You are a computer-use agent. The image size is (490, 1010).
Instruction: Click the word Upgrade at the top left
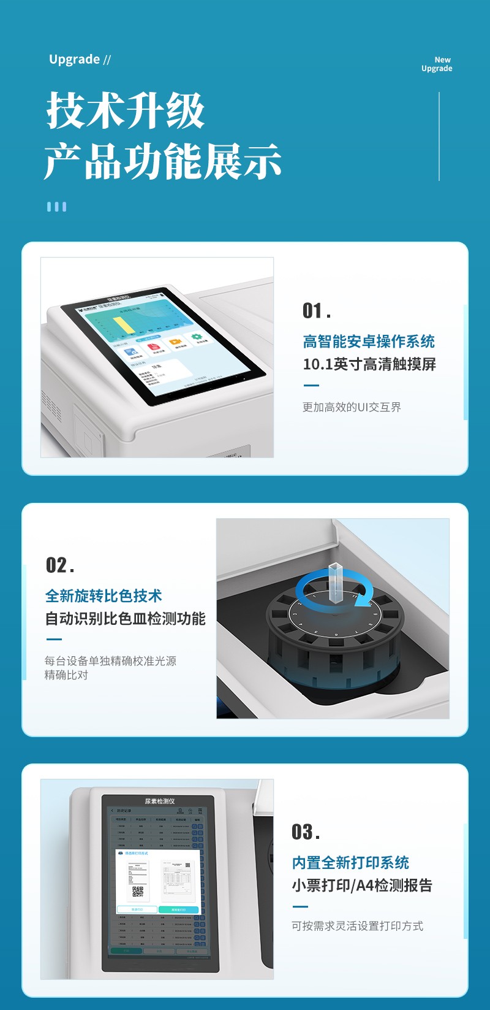pyautogui.click(x=74, y=59)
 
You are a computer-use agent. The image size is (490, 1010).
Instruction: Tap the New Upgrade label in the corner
pyautogui.click(x=437, y=64)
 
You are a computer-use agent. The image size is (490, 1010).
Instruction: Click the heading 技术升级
pyautogui.click(x=126, y=111)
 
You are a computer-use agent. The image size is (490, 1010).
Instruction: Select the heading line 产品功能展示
pyautogui.click(x=162, y=161)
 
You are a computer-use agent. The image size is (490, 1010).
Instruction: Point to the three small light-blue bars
pyautogui.click(x=56, y=207)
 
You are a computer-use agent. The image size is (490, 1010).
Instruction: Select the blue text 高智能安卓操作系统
pyautogui.click(x=369, y=341)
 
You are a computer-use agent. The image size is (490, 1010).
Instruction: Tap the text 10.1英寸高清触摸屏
pyautogui.click(x=369, y=364)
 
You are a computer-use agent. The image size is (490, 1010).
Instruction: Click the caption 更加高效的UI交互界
pyautogui.click(x=352, y=407)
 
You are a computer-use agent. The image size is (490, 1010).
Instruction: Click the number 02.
pyautogui.click(x=60, y=565)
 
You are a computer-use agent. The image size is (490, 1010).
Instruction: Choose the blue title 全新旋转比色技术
pyautogui.click(x=104, y=595)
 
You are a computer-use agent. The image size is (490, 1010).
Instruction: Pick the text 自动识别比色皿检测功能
pyautogui.click(x=125, y=619)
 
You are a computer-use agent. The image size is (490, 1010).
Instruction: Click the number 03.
pyautogui.click(x=306, y=832)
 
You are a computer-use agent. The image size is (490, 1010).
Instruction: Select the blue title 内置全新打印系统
pyautogui.click(x=350, y=863)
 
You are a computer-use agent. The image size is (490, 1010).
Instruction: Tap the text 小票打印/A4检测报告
pyautogui.click(x=362, y=886)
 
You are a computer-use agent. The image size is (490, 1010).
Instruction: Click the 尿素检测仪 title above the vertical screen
pyautogui.click(x=160, y=801)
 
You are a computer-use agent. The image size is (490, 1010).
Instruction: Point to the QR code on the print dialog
pyautogui.click(x=138, y=891)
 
